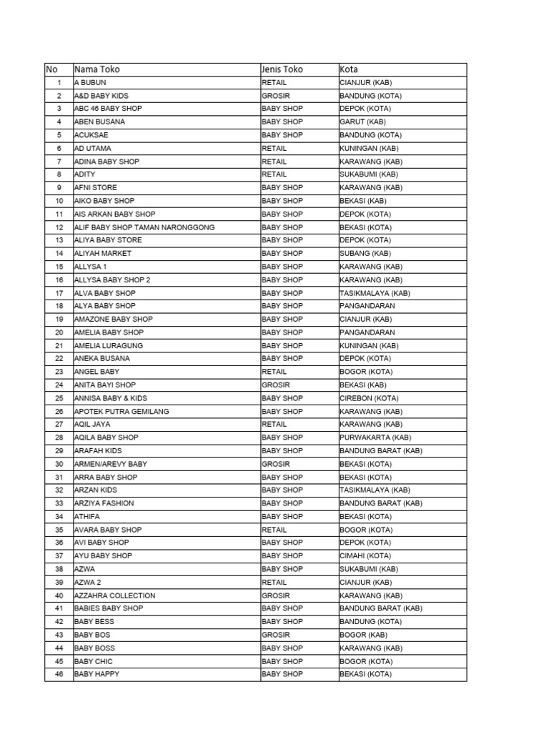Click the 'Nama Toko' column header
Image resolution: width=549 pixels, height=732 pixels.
[x=97, y=69]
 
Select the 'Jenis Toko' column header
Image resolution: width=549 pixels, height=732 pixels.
[x=282, y=69]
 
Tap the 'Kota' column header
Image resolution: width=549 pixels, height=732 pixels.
[x=349, y=69]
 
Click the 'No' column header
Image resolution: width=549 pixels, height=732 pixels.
[x=51, y=69]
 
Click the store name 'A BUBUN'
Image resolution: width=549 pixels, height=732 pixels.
[x=90, y=83]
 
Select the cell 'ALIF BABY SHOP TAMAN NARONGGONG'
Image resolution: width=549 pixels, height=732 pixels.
[x=144, y=227]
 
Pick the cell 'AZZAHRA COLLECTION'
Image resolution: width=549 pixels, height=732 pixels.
[x=114, y=595]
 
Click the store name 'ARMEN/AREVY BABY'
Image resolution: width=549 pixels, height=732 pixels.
[x=111, y=464]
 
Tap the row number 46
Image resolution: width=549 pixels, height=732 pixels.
[x=59, y=674]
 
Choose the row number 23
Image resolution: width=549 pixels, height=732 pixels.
[x=59, y=372]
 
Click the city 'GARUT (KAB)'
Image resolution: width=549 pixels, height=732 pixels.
[x=362, y=122]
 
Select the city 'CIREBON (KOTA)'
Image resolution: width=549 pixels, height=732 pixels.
[x=369, y=398]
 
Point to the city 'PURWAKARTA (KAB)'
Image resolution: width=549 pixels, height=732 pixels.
[x=375, y=437]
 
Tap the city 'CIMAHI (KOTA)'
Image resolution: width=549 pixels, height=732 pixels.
[x=365, y=555]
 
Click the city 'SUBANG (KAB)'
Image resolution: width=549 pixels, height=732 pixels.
[x=365, y=253]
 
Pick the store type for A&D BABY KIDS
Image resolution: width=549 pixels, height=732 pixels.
[x=275, y=96]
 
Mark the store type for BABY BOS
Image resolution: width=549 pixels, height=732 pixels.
[x=275, y=635]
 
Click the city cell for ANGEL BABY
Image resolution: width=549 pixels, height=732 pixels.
[x=365, y=372]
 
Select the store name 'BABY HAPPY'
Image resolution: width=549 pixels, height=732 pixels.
[x=97, y=674]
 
